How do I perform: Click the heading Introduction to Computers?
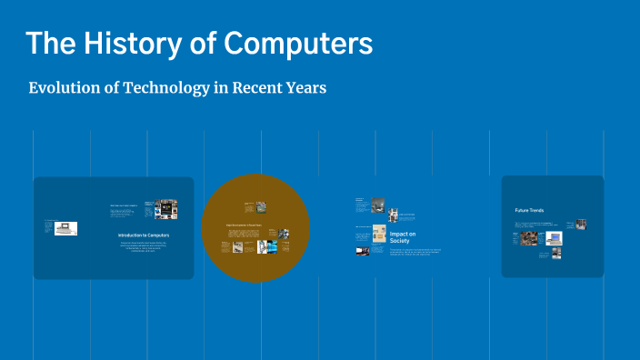click(x=144, y=235)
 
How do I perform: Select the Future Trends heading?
click(x=529, y=210)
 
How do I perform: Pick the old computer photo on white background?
click(x=65, y=228)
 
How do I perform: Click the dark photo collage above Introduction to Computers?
click(x=165, y=209)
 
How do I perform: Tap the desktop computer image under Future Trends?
click(x=554, y=238)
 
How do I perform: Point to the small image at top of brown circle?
click(x=260, y=206)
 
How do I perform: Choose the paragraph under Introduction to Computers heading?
click(x=144, y=247)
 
